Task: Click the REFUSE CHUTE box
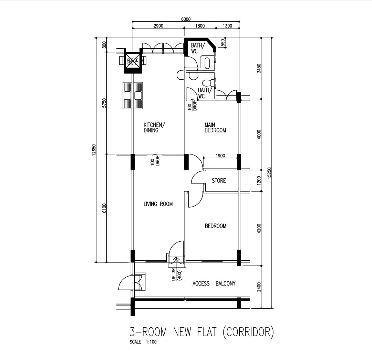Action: click(x=133, y=62)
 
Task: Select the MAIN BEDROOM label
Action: click(x=215, y=127)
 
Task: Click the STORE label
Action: click(x=219, y=181)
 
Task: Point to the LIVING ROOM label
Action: click(x=158, y=204)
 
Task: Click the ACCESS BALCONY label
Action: click(x=214, y=283)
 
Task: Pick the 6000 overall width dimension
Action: click(x=186, y=19)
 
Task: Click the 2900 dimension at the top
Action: click(x=158, y=26)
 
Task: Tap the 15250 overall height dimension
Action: click(x=269, y=173)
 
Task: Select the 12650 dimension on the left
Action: click(x=94, y=150)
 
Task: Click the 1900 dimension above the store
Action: click(x=220, y=156)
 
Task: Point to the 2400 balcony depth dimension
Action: click(x=259, y=287)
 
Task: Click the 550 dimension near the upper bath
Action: click(x=223, y=43)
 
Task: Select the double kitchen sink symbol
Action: click(x=133, y=96)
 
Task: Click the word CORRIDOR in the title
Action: click(x=248, y=332)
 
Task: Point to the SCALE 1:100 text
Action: click(x=143, y=342)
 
